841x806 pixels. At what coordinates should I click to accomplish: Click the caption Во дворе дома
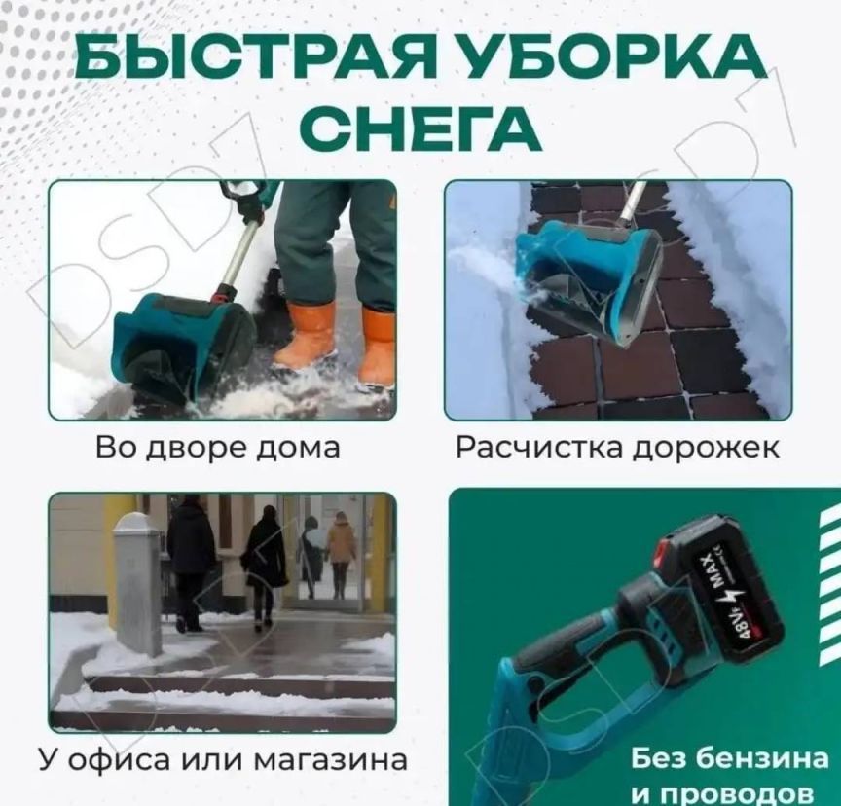[x=218, y=448]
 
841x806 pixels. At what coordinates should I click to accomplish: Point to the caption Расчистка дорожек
[x=617, y=448]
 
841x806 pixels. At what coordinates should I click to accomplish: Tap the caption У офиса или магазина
[x=223, y=759]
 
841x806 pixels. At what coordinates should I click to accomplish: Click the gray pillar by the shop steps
[x=138, y=584]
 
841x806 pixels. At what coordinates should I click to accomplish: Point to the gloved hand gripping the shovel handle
[x=250, y=208]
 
